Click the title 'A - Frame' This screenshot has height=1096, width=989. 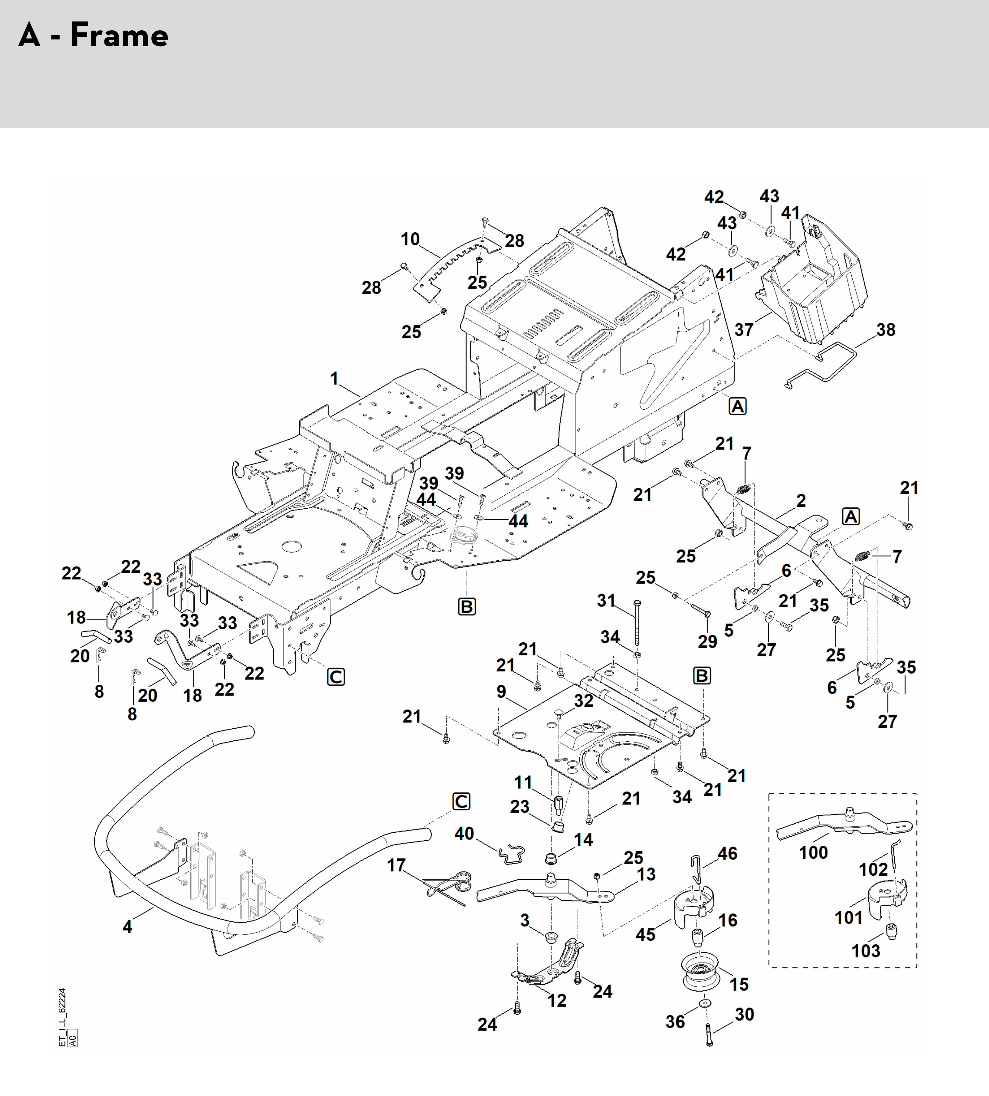point(93,35)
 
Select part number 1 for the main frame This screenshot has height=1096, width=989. point(334,378)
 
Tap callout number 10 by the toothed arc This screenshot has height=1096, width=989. point(410,239)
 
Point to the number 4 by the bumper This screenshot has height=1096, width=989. point(127,926)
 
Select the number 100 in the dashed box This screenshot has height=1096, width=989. point(813,852)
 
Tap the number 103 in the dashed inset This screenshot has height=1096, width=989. point(866,951)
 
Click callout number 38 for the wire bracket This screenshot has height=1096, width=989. point(886,329)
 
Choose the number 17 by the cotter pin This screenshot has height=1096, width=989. point(396,865)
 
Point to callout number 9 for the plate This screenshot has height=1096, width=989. point(501,692)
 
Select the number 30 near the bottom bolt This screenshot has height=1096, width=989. point(744,1014)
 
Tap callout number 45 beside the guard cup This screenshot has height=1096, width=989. point(645,934)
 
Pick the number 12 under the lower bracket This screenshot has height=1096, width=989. point(556,1000)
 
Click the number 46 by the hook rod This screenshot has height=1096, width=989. point(728,854)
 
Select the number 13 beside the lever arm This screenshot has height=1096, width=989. point(646,874)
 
